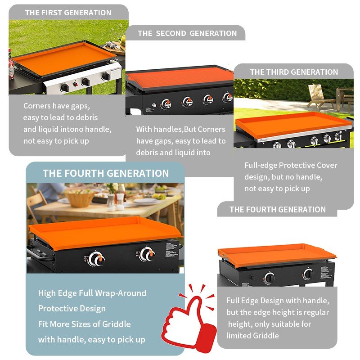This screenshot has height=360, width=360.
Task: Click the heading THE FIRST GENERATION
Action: pos(68,13)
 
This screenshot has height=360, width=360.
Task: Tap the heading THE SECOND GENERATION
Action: pos(187,33)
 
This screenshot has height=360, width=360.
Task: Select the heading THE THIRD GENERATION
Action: pos(294,72)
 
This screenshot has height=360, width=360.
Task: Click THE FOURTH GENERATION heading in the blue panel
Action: pos(106,173)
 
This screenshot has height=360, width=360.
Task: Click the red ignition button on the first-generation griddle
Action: pos(75,84)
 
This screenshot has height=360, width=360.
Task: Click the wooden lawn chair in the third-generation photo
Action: pos(319,96)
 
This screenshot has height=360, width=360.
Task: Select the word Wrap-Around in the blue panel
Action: pos(121,293)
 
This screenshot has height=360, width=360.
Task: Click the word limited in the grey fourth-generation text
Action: pos(238,336)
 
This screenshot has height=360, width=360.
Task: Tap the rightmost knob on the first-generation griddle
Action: pos(106,76)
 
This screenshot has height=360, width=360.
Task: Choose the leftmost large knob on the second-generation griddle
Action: pos(166,104)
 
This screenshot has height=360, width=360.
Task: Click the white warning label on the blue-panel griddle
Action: pos(171,250)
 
